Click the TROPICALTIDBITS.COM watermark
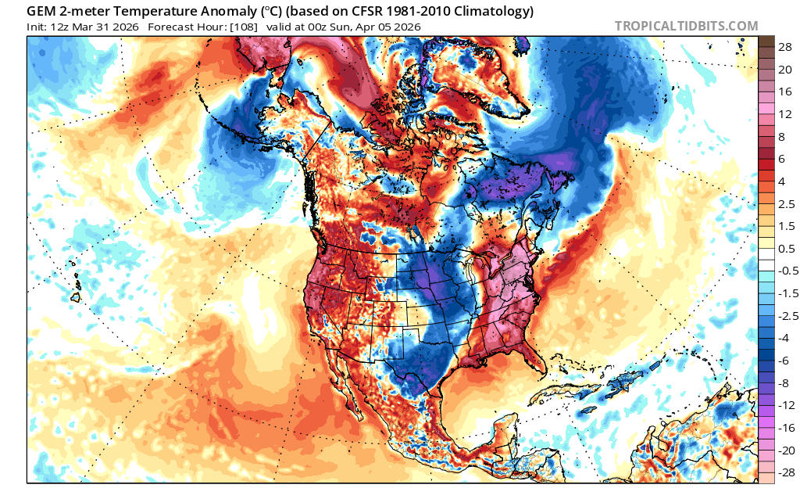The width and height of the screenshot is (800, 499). (x=686, y=26)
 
